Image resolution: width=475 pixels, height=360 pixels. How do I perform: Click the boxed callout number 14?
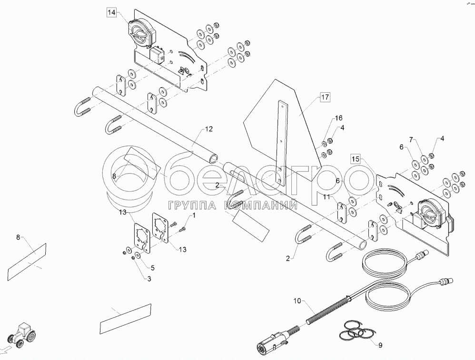[x=111, y=13]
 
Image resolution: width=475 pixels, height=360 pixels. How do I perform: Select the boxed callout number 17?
[x=324, y=98]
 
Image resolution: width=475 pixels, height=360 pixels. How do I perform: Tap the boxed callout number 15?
[x=356, y=159]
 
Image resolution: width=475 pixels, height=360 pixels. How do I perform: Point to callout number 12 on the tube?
[x=209, y=129]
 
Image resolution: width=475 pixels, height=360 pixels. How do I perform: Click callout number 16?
[x=338, y=117]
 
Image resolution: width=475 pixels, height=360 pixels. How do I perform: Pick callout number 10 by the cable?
[x=297, y=301]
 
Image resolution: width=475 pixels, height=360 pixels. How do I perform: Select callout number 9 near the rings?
[x=380, y=346]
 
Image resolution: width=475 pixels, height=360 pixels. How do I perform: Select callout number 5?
[x=153, y=267]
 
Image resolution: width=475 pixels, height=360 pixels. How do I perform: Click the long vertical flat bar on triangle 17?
[x=282, y=143]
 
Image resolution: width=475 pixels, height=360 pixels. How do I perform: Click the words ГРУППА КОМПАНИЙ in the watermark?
[x=232, y=205]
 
